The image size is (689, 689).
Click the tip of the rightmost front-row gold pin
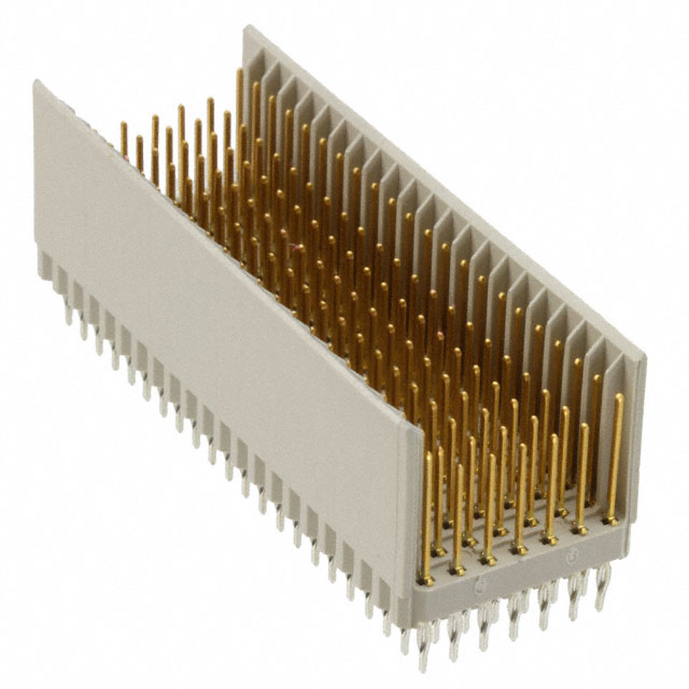point(619,398)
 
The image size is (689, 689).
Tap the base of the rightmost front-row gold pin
point(610,521)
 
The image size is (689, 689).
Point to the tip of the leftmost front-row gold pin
point(428,455)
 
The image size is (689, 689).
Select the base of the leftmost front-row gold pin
point(428,581)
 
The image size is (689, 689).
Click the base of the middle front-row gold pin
point(519,550)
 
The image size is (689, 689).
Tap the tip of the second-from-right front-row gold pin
point(584,427)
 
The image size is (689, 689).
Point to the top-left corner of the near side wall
point(36,83)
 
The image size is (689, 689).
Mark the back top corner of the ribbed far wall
point(247,28)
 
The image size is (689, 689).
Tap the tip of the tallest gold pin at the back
point(240,72)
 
